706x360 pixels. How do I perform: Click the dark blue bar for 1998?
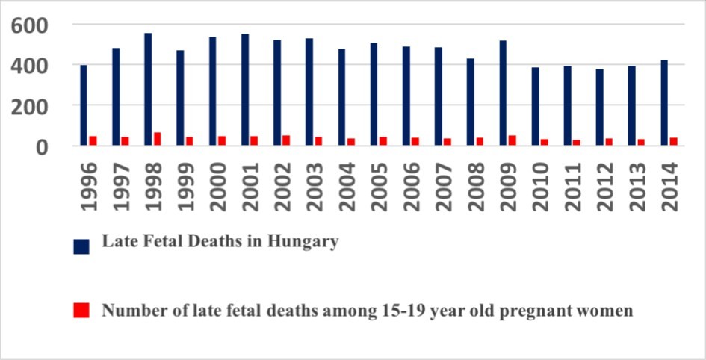[x=148, y=90]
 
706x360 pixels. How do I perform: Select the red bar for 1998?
[x=157, y=139]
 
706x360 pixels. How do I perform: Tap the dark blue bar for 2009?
[x=503, y=93]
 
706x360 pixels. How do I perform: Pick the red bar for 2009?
[x=512, y=140]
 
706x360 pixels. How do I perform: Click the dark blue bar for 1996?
[x=84, y=105]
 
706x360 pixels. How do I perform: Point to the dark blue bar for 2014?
[x=664, y=103]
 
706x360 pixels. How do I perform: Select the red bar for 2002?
[x=286, y=140]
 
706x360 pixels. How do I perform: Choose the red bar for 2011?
[x=576, y=143]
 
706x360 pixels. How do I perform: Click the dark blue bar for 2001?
[x=244, y=90]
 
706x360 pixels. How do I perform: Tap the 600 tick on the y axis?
[x=30, y=25]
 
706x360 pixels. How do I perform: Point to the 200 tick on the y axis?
[x=30, y=106]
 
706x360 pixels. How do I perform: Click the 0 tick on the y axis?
[x=41, y=146]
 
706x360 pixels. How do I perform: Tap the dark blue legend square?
[x=81, y=246]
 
